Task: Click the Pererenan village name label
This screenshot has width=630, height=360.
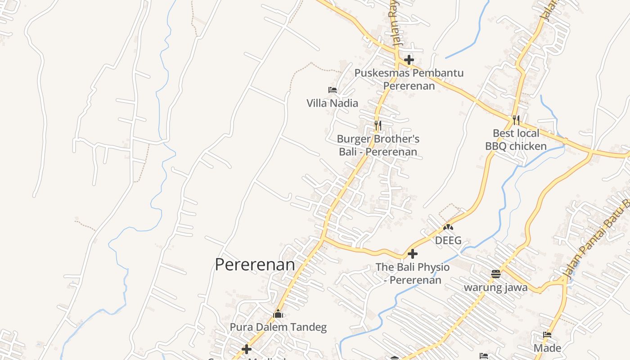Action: pos(255,265)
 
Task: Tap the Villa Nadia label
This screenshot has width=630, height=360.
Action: pos(332,103)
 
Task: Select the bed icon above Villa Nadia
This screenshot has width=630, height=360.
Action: pos(333,90)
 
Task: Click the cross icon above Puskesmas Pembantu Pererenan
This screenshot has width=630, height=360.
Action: pos(409,59)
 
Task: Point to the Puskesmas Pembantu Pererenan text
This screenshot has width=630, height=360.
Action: pos(409,79)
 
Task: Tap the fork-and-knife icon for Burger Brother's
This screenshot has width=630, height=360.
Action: pos(378,125)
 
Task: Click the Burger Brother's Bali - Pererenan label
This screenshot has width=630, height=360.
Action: pos(378,145)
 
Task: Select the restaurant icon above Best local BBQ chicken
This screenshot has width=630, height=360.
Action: pos(516,120)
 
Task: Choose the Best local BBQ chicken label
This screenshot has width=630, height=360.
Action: pos(516,139)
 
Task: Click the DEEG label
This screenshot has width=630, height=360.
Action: pos(448,240)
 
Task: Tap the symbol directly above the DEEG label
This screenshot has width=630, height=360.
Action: pos(448,227)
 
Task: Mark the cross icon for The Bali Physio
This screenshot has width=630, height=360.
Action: pos(412,254)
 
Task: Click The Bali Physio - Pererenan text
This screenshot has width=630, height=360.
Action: pos(412,273)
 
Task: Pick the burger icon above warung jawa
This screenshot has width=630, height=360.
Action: pos(495,274)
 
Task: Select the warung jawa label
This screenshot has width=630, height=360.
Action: pos(495,287)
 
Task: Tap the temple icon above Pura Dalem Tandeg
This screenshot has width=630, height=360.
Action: pos(278,314)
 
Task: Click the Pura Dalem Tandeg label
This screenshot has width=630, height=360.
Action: pos(278,327)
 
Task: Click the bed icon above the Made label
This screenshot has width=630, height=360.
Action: pos(547,335)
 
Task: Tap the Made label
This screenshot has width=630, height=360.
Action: pos(547,348)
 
